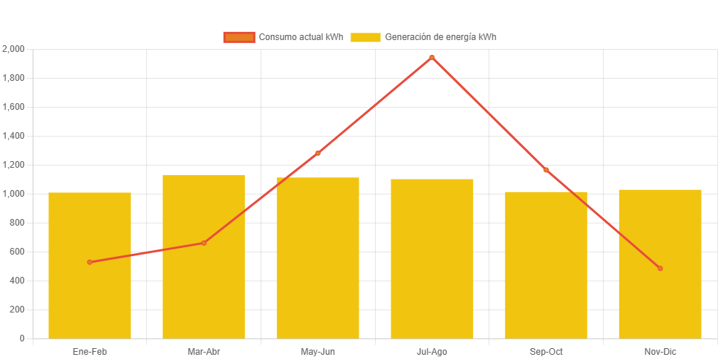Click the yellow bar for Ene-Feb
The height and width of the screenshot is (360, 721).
(x=90, y=297)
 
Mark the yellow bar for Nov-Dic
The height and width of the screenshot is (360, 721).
(x=660, y=297)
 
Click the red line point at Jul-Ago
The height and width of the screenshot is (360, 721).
(x=432, y=57)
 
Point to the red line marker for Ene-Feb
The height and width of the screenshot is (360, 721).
(x=90, y=262)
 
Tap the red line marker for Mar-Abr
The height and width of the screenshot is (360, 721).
(x=203, y=243)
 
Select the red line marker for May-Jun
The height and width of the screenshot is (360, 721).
(x=318, y=153)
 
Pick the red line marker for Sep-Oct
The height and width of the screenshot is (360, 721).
(x=546, y=170)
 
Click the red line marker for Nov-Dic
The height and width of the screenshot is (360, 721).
(x=660, y=268)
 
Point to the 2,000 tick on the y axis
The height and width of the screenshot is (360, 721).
(x=14, y=49)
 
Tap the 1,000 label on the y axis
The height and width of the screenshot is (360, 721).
(x=14, y=194)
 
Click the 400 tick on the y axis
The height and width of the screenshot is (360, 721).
(x=16, y=281)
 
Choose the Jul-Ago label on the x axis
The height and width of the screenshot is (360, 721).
(x=432, y=351)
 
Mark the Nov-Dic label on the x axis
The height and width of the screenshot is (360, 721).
(x=660, y=351)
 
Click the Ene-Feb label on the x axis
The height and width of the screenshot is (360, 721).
(x=90, y=351)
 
